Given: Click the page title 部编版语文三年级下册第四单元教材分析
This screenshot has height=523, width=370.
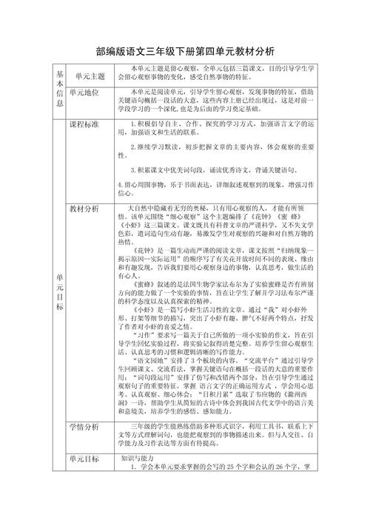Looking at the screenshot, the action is tap(185, 52).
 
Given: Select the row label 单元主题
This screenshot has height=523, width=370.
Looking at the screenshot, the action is tap(90, 75).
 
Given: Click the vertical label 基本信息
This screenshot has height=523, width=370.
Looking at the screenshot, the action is tap(60, 87).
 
